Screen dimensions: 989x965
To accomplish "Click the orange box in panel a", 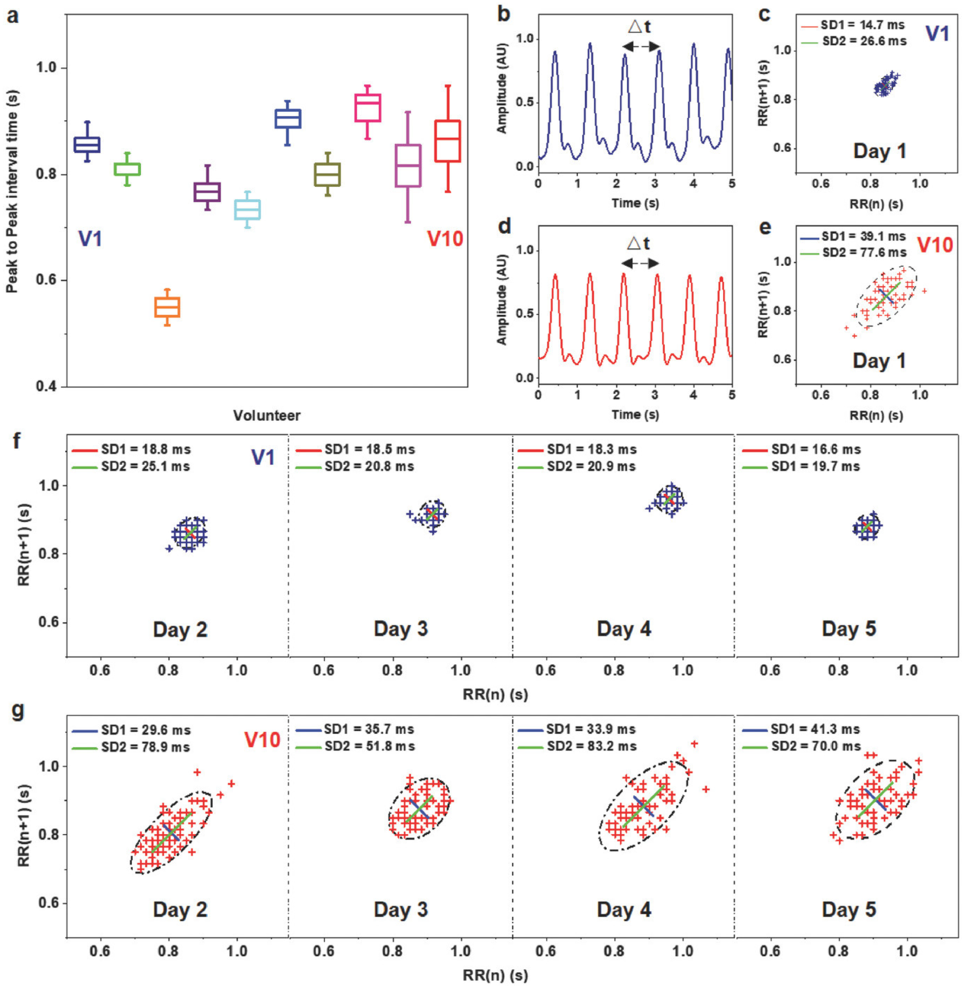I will [x=167, y=307].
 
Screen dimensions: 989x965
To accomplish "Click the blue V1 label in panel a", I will [x=90, y=238].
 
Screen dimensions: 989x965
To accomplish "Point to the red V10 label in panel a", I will [x=445, y=238].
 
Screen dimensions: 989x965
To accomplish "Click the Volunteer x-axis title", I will [x=267, y=416].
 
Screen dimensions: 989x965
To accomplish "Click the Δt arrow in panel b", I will [x=641, y=47].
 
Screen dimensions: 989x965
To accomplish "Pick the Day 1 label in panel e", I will [x=879, y=361].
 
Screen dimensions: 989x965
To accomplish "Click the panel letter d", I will [x=504, y=226].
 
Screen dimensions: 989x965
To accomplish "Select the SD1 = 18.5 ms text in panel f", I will [x=369, y=449].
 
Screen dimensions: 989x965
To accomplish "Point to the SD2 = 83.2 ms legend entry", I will [x=591, y=746].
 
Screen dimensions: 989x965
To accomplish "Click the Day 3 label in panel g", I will [x=401, y=909].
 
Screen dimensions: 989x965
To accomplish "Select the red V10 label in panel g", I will [x=262, y=740].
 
